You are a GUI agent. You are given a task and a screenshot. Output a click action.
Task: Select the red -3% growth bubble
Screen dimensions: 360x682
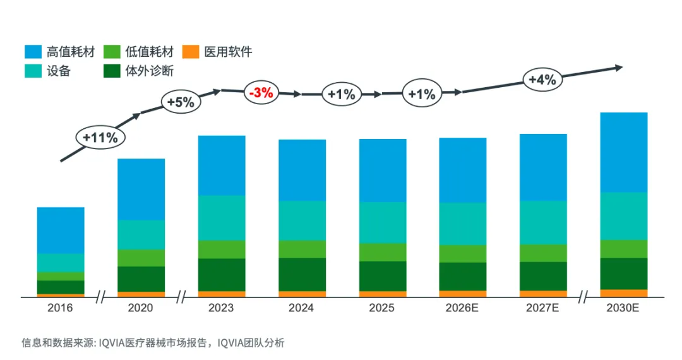coord(261,93)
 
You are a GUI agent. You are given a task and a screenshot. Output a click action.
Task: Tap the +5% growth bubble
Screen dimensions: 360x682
coord(181,102)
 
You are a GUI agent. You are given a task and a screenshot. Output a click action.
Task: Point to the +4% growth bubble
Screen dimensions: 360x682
coord(542,80)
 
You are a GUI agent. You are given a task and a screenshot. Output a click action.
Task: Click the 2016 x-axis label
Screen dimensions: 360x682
coord(61,308)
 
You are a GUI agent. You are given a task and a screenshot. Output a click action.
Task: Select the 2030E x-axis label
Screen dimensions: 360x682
coord(623,308)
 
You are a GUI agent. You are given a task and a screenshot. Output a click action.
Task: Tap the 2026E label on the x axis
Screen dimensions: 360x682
coord(463,308)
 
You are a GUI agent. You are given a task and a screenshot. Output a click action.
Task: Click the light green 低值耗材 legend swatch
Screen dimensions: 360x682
coord(112,52)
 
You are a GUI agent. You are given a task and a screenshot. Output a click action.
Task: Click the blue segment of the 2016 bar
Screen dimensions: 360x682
coord(61,230)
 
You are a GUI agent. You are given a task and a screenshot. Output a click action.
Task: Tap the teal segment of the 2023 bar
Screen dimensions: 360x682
coord(222,218)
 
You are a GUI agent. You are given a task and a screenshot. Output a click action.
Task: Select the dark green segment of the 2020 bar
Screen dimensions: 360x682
coord(141,279)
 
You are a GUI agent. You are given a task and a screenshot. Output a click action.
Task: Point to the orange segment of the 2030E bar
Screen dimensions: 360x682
coord(623,293)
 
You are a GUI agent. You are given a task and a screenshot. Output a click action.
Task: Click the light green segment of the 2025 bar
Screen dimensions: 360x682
coord(383,252)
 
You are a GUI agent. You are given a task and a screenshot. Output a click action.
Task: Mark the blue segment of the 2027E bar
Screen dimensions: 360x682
coord(543,167)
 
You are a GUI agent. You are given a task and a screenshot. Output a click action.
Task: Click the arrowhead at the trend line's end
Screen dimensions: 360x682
coord(619,68)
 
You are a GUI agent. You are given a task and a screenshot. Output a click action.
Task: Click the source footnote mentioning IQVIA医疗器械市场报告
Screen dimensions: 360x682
coord(153,343)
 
